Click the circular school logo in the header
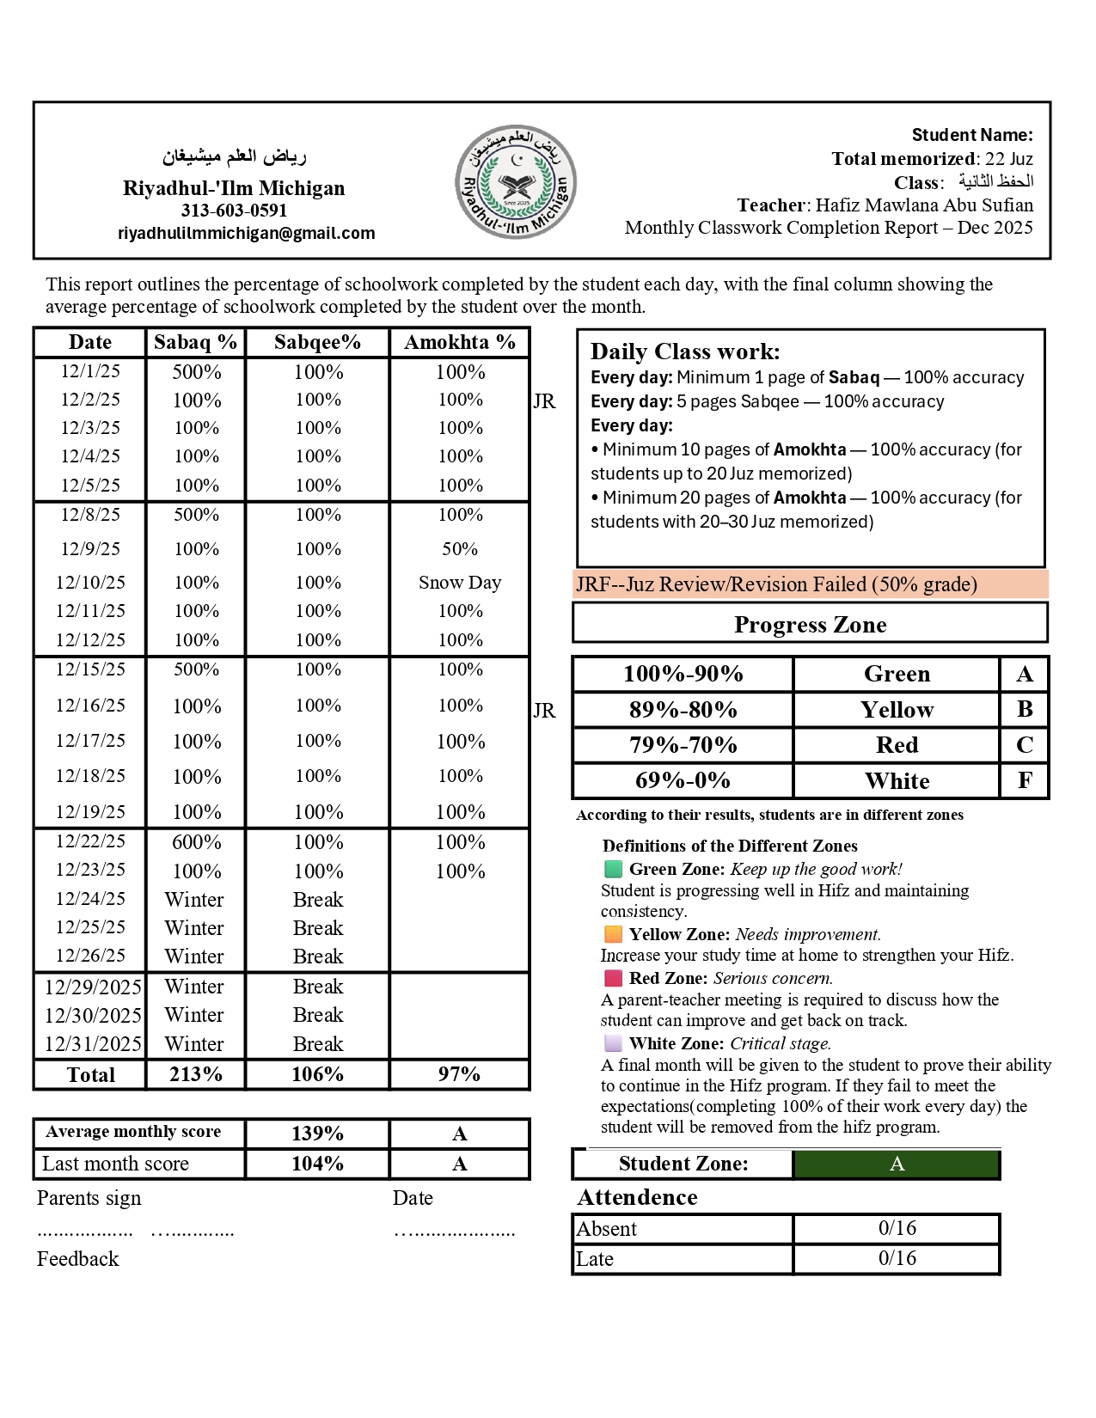(515, 181)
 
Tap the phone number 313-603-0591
(234, 211)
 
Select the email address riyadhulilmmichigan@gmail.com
(247, 233)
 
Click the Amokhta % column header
(460, 342)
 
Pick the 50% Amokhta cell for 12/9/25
(460, 548)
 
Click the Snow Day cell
(460, 582)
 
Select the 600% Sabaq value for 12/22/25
(196, 842)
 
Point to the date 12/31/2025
(93, 1043)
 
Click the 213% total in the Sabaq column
(196, 1074)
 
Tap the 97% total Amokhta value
(459, 1074)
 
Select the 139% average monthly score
(317, 1134)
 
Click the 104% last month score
(317, 1164)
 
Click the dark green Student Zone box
(897, 1164)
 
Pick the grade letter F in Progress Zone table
(1025, 780)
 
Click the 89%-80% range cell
(683, 710)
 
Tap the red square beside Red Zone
(613, 978)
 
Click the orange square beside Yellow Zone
(613, 934)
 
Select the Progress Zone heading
(810, 625)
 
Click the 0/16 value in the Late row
(897, 1258)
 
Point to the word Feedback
(77, 1259)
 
